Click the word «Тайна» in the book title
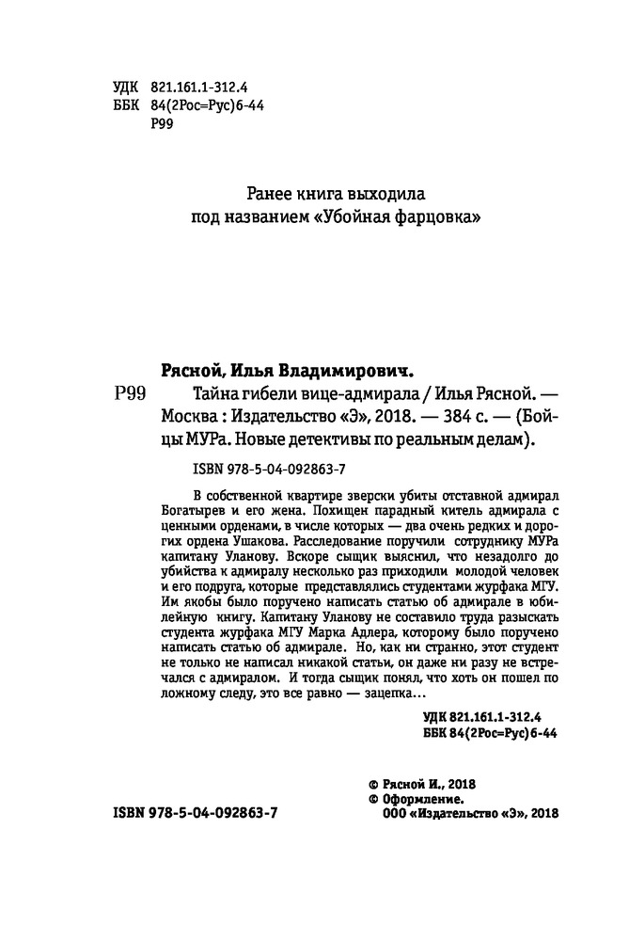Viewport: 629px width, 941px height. (191, 394)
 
